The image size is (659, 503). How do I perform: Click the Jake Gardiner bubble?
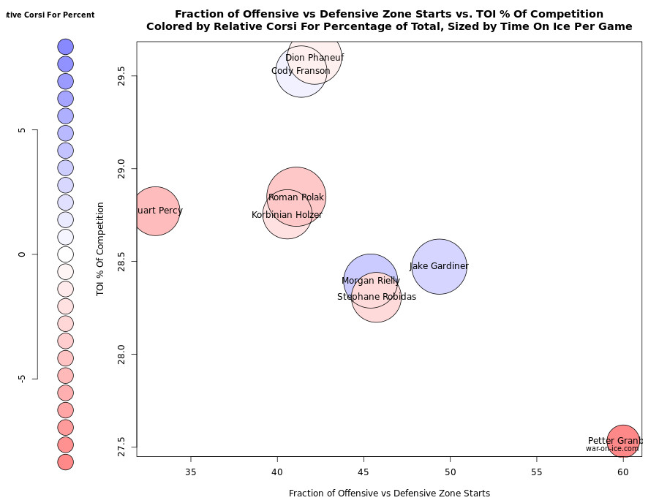pos(439,267)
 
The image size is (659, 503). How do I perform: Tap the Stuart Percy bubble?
pos(155,211)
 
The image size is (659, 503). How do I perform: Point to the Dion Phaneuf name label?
pos(315,58)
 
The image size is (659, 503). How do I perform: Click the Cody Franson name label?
pos(301,71)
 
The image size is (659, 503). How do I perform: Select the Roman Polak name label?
pos(296,197)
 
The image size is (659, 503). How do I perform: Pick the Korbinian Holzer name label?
pos(287,215)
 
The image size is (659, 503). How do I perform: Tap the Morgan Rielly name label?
pos(371,281)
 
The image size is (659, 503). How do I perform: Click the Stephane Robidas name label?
pos(377,297)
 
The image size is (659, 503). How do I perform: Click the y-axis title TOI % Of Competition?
pos(100,249)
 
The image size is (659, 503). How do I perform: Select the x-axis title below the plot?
pos(389,493)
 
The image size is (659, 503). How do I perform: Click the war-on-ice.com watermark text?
pos(612,449)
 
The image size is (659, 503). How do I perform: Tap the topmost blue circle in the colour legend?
pos(66,47)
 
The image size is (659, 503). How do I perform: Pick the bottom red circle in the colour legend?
pos(66,462)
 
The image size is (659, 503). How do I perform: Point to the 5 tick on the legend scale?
pos(23,130)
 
